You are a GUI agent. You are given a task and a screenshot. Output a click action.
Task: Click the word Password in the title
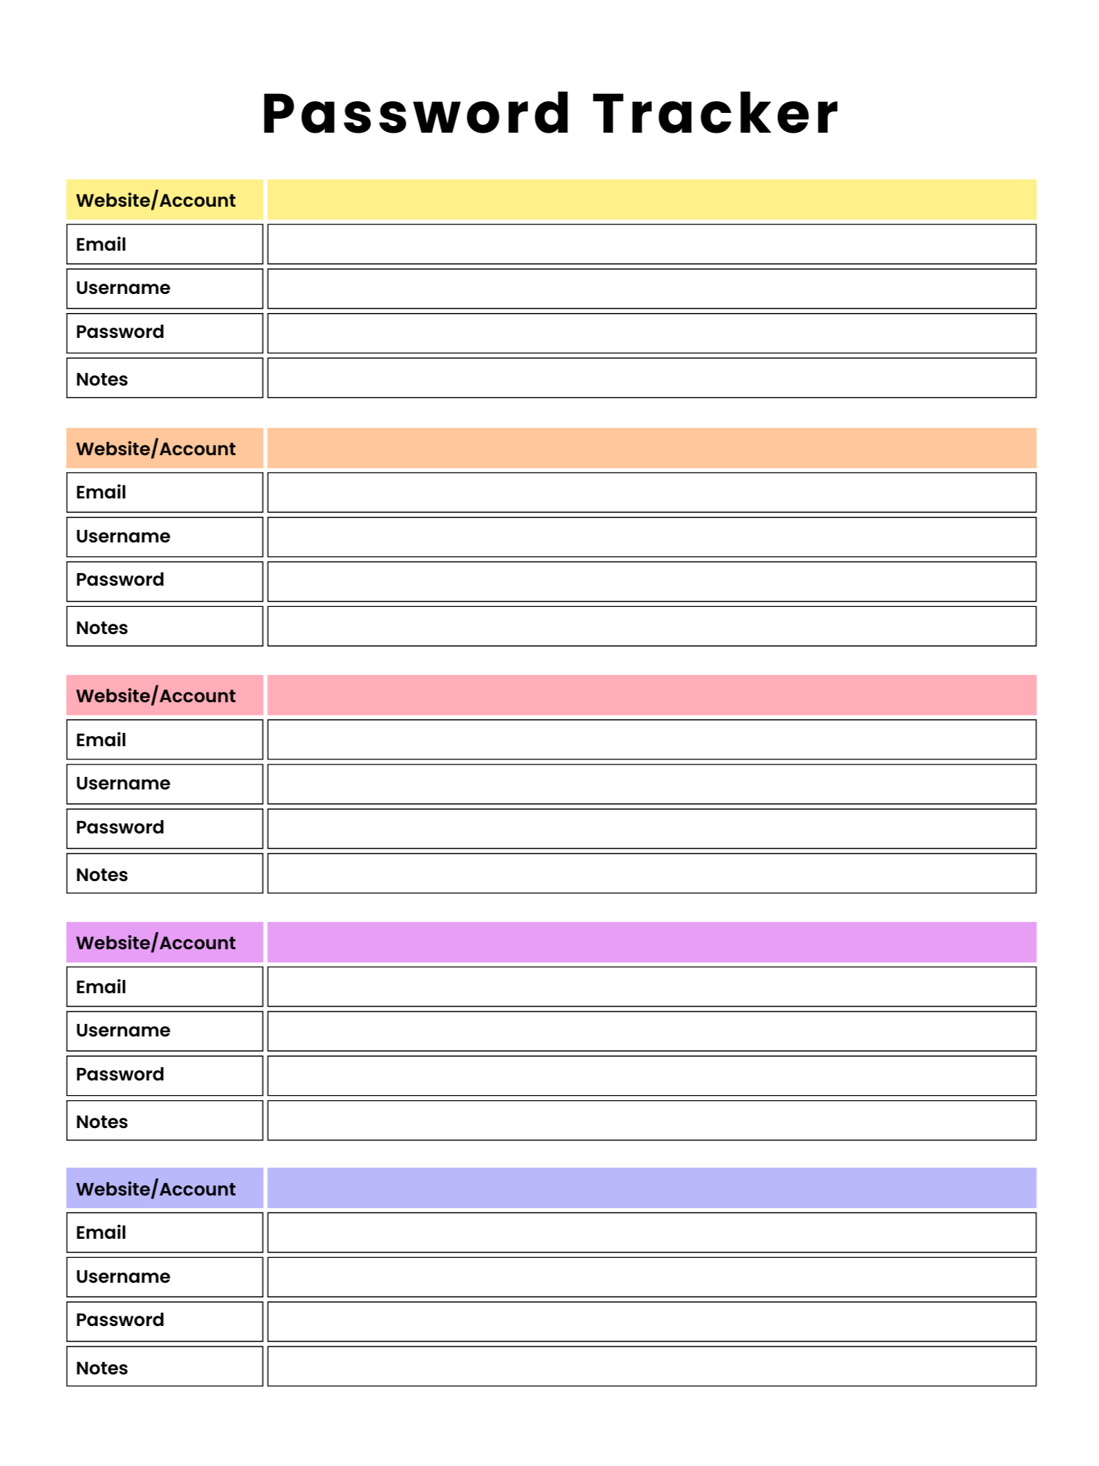416,114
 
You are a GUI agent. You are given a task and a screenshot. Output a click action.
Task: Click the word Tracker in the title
715,114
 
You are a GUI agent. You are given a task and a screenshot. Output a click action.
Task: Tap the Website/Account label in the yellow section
156,200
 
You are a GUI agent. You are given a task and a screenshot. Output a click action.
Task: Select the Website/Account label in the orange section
156,449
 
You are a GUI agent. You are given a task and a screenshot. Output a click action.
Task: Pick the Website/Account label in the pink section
156,696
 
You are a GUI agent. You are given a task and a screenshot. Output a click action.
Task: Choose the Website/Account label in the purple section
156,943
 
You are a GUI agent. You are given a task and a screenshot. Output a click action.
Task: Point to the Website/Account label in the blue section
156,1189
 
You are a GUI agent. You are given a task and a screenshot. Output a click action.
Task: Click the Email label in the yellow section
101,244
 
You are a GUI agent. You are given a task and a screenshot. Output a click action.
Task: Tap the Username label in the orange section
123,537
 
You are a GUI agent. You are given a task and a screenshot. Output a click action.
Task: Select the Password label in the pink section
120,828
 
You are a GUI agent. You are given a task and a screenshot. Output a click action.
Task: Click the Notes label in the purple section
102,1121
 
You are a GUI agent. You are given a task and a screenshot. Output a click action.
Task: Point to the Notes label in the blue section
102,1368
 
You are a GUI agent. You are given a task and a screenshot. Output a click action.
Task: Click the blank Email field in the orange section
651,493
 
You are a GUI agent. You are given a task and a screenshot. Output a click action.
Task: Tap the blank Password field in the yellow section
651,333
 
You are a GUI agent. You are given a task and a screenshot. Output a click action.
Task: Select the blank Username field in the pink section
651,784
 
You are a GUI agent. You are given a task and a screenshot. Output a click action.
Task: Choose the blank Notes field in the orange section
651,626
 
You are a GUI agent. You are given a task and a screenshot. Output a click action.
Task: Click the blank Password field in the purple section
651,1075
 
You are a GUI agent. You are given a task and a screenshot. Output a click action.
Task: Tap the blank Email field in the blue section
651,1232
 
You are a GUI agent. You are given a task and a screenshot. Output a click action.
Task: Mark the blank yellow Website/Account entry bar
651,200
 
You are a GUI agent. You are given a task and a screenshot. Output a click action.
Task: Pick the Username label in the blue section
123,1277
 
